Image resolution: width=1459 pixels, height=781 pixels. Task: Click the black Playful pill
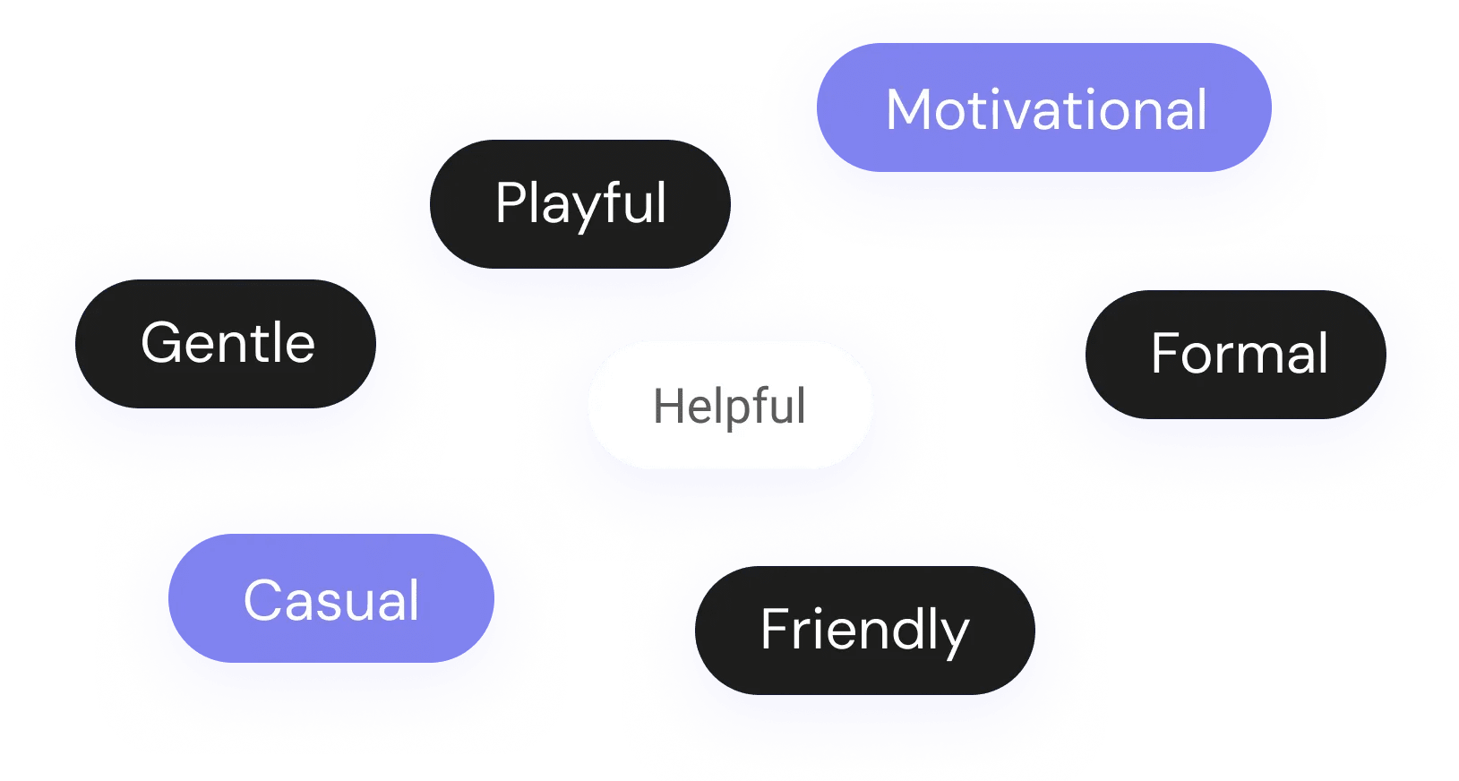pos(579,204)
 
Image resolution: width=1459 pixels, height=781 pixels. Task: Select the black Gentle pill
pos(226,344)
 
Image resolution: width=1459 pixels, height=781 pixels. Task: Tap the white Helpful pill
pos(730,405)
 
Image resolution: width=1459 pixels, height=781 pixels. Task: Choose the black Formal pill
pos(1235,355)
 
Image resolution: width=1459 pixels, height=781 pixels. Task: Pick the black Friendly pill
pos(864,631)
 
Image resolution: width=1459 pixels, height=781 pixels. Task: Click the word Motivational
pos(1046,110)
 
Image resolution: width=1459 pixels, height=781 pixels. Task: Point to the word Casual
pos(331,600)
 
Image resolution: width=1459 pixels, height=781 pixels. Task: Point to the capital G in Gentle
pos(164,343)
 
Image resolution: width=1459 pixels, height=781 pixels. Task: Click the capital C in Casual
pos(264,600)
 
